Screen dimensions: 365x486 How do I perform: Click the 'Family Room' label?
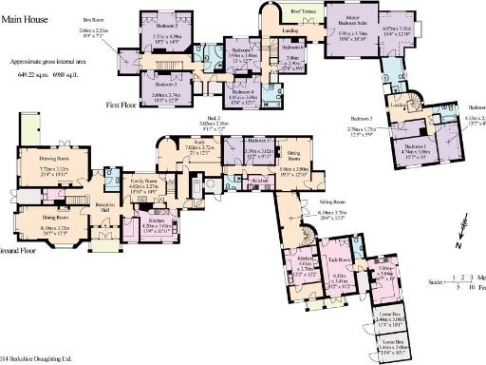click(143, 180)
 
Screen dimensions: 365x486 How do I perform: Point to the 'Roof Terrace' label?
click(303, 11)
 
